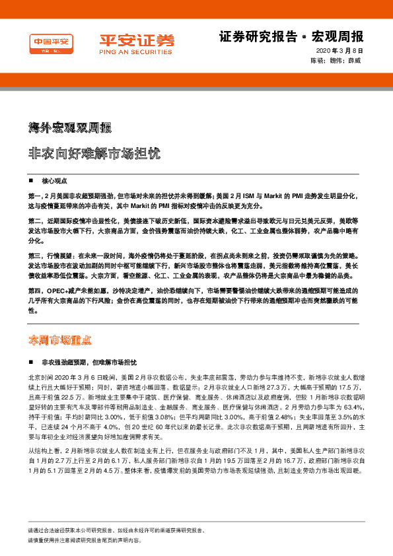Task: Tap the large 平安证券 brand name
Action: (x=137, y=40)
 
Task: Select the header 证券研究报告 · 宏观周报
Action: (x=291, y=36)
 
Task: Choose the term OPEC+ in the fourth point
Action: (x=57, y=290)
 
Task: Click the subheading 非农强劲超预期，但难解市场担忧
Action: (x=89, y=363)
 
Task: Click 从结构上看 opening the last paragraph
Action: (x=44, y=450)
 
